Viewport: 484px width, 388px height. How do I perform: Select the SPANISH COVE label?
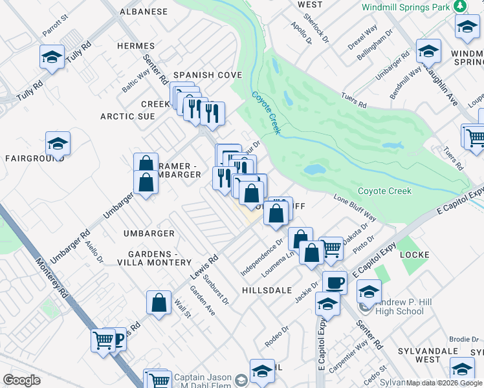[206, 75]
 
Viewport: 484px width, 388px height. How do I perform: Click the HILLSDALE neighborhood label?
[267, 290]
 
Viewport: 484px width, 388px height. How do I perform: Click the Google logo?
[21, 380]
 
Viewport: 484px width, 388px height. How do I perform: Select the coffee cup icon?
[335, 282]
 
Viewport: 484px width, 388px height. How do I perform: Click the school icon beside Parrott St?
[52, 57]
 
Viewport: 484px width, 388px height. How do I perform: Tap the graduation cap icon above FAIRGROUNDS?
[58, 144]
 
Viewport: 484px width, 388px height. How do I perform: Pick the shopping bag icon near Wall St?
[159, 303]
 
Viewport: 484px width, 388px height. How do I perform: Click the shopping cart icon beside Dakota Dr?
[331, 247]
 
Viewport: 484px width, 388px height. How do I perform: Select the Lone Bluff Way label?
[354, 206]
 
